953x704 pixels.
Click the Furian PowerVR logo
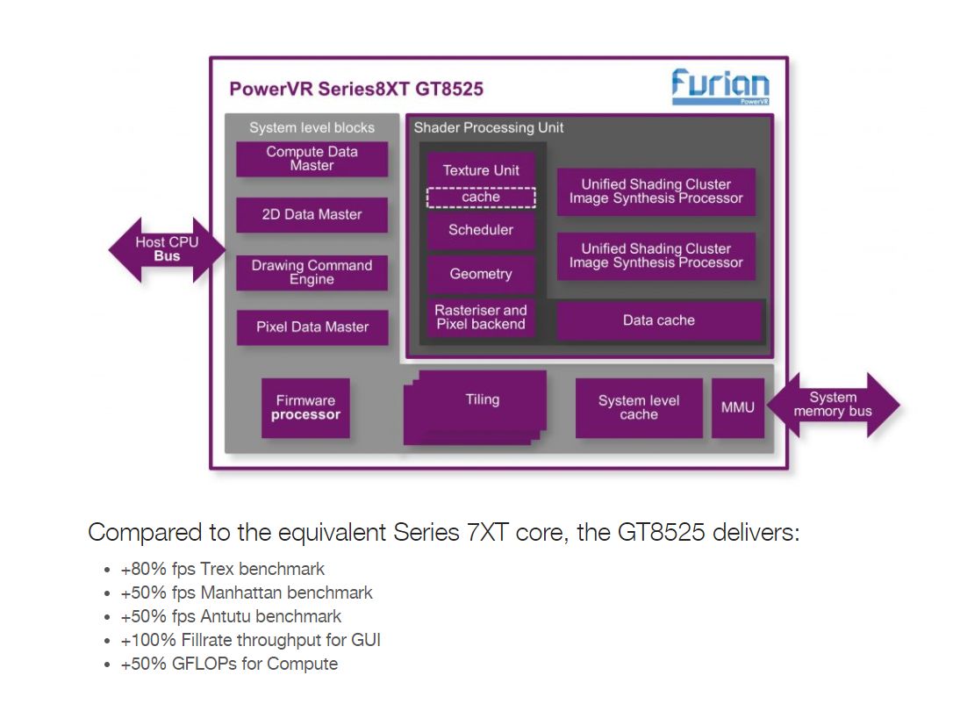coord(720,88)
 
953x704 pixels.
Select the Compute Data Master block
coord(312,159)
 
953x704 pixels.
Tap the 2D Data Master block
coord(312,214)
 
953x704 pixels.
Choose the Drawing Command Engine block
coord(312,272)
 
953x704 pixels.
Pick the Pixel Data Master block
coord(312,327)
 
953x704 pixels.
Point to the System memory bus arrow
coord(833,405)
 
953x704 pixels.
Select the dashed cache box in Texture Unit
coord(481,198)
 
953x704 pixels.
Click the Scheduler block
coord(481,231)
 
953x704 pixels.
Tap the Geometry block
coord(481,274)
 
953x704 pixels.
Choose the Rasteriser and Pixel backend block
coord(481,317)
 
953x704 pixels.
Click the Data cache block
coord(658,321)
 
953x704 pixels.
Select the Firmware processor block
coord(305,408)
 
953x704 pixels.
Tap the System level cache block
coord(639,408)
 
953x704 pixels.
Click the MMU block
coord(737,408)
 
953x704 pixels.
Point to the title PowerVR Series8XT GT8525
coord(356,90)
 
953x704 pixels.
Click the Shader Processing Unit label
coord(489,128)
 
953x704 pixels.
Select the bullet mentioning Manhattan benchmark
coord(247,593)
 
